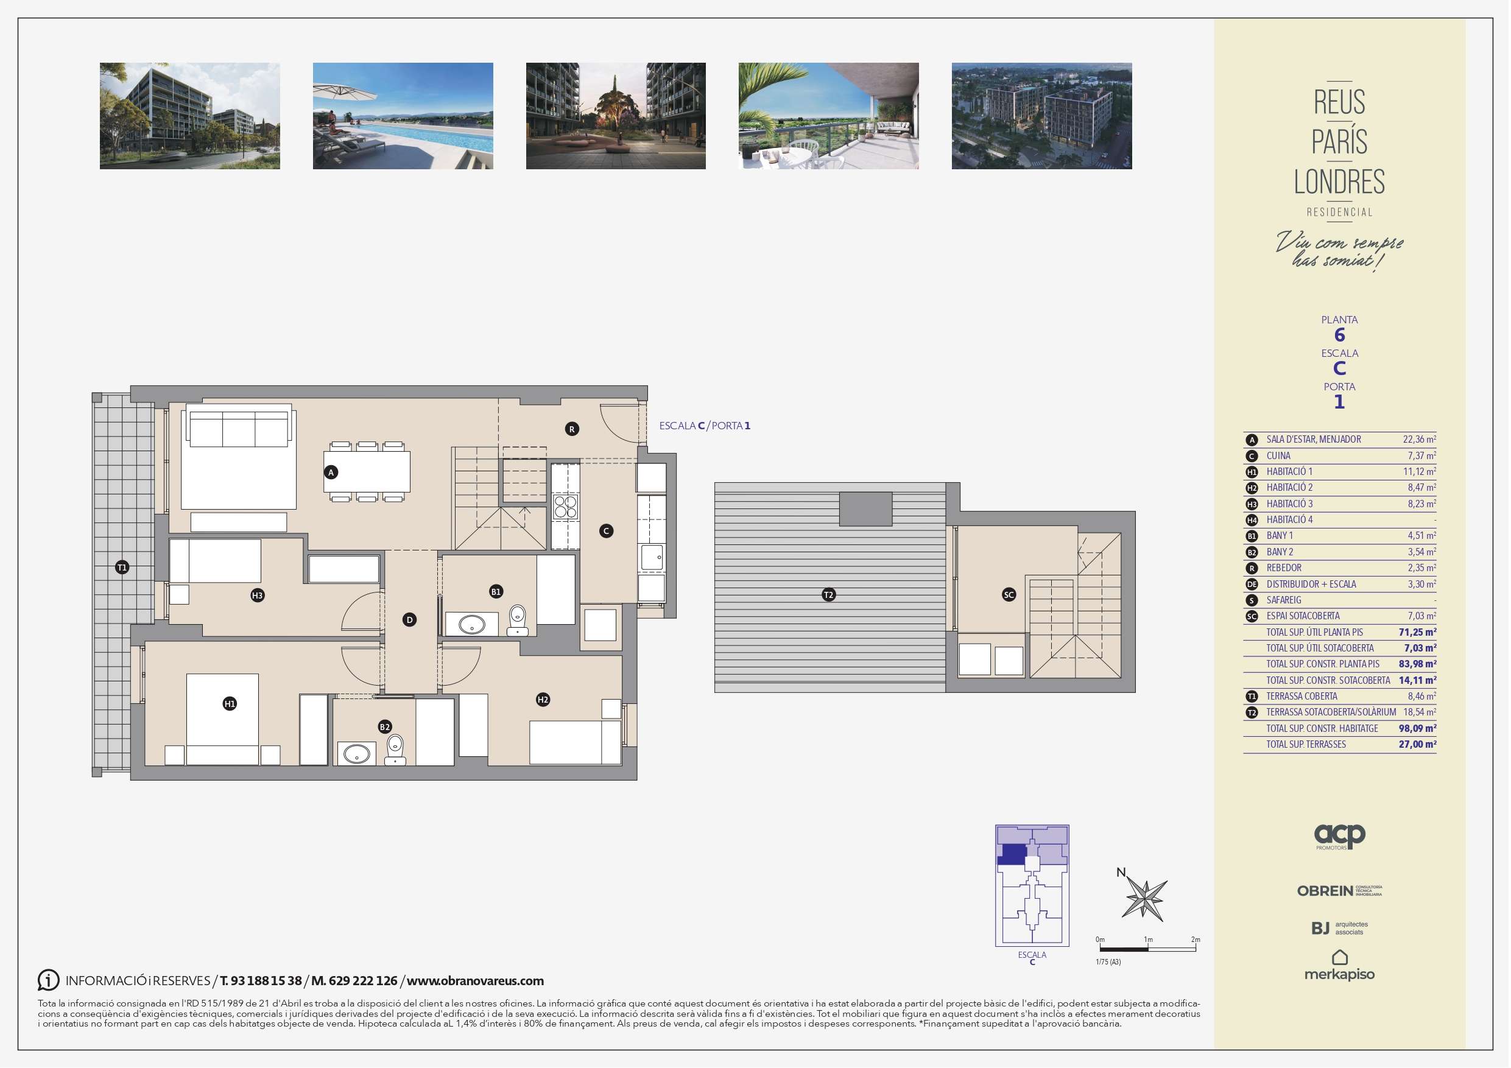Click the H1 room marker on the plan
pyautogui.click(x=230, y=704)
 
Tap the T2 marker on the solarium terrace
pyautogui.click(x=828, y=595)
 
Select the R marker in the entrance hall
pyautogui.click(x=572, y=429)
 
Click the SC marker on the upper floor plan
pyautogui.click(x=1009, y=595)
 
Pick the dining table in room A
pyautogui.click(x=367, y=472)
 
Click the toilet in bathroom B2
pyautogui.click(x=395, y=749)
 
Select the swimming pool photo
pyautogui.click(x=403, y=116)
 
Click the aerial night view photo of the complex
pyautogui.click(x=1042, y=116)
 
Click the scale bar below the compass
pyautogui.click(x=1149, y=949)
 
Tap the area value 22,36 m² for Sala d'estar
pyautogui.click(x=1420, y=439)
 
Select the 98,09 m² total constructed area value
pyautogui.click(x=1418, y=728)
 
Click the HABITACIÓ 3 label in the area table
pyautogui.click(x=1289, y=504)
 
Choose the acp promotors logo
pyautogui.click(x=1339, y=837)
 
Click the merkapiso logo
pyautogui.click(x=1339, y=965)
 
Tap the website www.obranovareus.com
pyautogui.click(x=475, y=980)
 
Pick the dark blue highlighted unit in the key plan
pyautogui.click(x=1012, y=854)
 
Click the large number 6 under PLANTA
pyautogui.click(x=1339, y=335)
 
